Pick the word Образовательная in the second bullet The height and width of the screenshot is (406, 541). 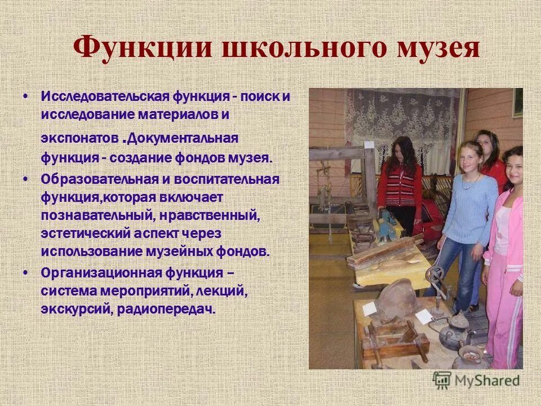[95, 179]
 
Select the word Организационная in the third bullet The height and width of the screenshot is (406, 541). [100, 273]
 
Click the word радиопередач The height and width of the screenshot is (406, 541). [166, 310]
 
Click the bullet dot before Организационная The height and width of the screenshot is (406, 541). [26, 272]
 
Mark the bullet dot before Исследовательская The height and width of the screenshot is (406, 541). [26, 95]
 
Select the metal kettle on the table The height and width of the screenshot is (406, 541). [447, 333]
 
